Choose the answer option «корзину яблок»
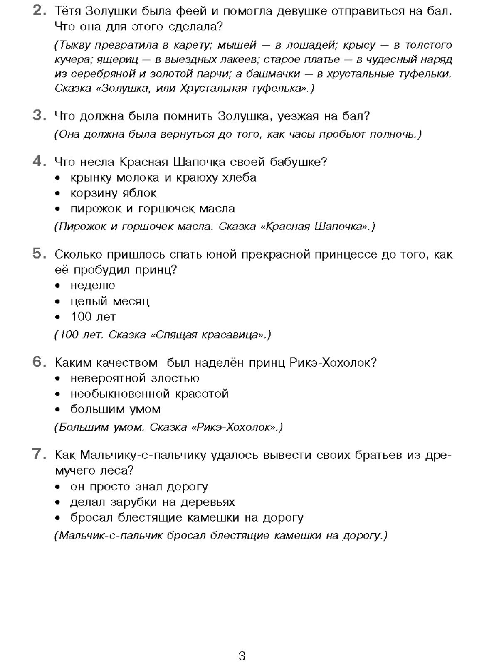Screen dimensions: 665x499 pyautogui.click(x=113, y=193)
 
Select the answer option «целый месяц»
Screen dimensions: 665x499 pyautogui.click(x=110, y=301)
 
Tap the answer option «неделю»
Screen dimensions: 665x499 pyautogui.click(x=92, y=286)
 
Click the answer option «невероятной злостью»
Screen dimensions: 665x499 pyautogui.click(x=135, y=378)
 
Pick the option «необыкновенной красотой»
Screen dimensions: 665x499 pyautogui.click(x=149, y=394)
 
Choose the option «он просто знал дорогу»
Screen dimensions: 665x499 pyautogui.click(x=139, y=486)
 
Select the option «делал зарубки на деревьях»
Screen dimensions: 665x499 pyautogui.click(x=152, y=502)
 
